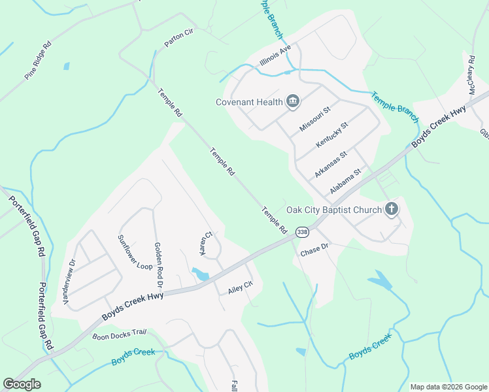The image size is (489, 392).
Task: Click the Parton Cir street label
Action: tap(179, 40)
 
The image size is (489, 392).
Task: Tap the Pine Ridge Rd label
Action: tap(38, 61)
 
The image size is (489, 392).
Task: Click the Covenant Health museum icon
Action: tap(292, 101)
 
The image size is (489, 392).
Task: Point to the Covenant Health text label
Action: tap(249, 101)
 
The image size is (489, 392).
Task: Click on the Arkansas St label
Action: tap(329, 163)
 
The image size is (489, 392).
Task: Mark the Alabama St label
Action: tap(345, 181)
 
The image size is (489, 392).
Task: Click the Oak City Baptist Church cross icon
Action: tap(391, 210)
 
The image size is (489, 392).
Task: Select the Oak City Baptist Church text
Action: tap(333, 210)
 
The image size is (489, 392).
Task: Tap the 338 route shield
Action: tap(302, 232)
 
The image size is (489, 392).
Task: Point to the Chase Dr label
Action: tap(314, 252)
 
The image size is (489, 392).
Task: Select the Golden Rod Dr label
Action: tap(158, 266)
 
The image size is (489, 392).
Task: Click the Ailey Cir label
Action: tap(240, 287)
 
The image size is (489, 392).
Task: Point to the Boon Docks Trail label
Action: tap(119, 333)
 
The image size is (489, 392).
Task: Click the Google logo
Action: tap(22, 384)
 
